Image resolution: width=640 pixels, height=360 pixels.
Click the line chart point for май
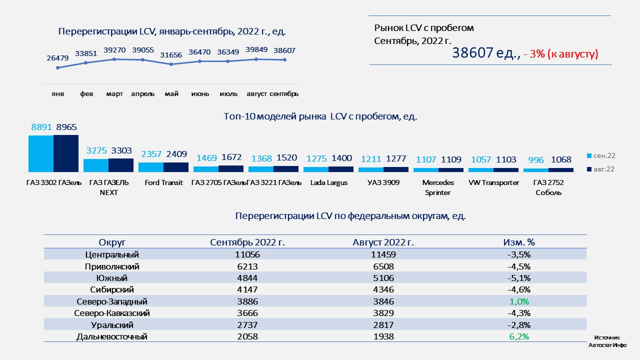(171, 64)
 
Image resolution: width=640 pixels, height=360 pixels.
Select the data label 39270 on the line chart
(114, 50)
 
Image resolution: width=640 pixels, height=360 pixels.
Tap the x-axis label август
(256, 94)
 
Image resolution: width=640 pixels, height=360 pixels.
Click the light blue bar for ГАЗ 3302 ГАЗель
(41, 153)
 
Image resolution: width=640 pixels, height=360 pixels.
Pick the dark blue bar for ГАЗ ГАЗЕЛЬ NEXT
(121, 165)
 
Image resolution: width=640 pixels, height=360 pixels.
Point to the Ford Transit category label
(163, 182)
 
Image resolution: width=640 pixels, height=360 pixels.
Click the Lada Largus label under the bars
(328, 182)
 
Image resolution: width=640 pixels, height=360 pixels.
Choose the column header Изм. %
(518, 242)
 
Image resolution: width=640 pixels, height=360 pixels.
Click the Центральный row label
(112, 254)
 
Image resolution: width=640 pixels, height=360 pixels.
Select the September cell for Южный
(247, 278)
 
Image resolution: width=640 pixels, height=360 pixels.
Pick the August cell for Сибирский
(383, 289)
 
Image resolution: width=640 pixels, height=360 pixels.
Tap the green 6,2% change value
(518, 337)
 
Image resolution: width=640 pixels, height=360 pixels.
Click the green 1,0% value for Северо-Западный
(518, 301)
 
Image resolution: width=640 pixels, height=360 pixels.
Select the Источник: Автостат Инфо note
(607, 341)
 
